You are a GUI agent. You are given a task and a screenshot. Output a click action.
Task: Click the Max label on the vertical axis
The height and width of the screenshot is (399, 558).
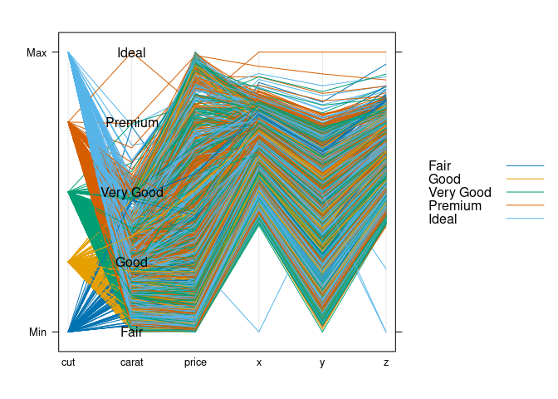[x=37, y=52]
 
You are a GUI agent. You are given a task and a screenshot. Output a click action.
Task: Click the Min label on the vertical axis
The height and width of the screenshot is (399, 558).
[x=37, y=332]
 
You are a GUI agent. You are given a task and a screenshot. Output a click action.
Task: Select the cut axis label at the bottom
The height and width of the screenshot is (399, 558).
[x=68, y=362]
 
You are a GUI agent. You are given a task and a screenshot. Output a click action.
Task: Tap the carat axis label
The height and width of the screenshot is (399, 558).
[x=131, y=362]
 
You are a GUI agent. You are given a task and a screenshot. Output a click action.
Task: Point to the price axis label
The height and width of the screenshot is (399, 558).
[x=195, y=362]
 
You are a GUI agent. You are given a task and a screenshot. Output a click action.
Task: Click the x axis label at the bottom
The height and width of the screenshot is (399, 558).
[x=259, y=362]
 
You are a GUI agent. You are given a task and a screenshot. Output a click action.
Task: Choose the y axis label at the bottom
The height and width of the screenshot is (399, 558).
[x=322, y=362]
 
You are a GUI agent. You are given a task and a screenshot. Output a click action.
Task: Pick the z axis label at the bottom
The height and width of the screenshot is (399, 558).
[x=386, y=362]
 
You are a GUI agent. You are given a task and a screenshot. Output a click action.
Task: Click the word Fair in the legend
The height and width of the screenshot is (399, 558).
[x=440, y=166]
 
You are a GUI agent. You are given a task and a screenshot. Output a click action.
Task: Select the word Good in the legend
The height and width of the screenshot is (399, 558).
[x=444, y=180]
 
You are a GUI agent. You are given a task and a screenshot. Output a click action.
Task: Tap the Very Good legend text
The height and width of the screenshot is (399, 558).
[x=460, y=193]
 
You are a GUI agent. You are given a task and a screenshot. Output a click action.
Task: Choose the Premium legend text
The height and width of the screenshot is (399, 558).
[x=455, y=206]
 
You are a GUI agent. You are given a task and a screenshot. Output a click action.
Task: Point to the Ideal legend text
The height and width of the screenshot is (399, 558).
[x=443, y=219]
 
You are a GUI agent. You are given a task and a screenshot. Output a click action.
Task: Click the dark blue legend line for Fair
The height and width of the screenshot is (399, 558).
[x=525, y=166]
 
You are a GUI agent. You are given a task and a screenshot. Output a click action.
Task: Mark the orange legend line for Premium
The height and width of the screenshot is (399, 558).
[x=525, y=206]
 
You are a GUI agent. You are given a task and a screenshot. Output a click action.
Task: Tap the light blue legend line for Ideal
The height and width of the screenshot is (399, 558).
[x=525, y=219]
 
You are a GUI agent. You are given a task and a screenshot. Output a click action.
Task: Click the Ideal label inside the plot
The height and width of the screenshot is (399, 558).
[x=131, y=53]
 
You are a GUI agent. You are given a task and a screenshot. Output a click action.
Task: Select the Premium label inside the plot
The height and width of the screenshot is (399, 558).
[x=132, y=123]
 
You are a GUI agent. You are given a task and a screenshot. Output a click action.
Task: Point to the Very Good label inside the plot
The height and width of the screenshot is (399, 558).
[x=132, y=193]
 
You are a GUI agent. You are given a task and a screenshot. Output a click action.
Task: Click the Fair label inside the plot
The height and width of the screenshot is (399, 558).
[x=131, y=332]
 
